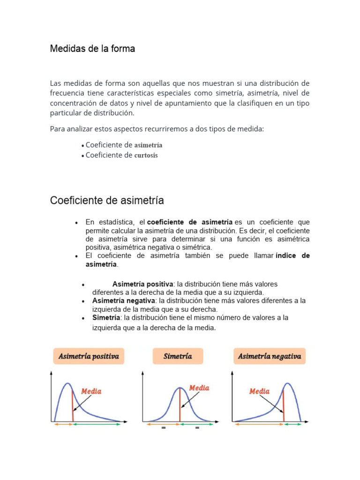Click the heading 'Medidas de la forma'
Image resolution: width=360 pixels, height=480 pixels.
[92, 49]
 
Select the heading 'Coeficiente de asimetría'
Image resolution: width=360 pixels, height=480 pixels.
[107, 201]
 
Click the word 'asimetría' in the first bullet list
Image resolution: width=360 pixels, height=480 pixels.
[148, 145]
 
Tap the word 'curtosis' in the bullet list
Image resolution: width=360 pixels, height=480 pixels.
[146, 155]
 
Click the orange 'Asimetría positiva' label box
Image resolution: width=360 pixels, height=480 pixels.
[89, 356]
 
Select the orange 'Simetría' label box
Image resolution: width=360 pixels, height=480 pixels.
[178, 356]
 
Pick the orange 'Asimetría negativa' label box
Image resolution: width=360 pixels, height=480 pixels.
[269, 357]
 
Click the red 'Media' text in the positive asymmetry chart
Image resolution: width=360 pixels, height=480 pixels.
[91, 391]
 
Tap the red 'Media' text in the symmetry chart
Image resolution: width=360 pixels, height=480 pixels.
[199, 388]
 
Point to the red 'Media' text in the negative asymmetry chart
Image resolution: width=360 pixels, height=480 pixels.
[259, 391]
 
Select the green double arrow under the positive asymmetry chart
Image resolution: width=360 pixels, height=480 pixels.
[98, 424]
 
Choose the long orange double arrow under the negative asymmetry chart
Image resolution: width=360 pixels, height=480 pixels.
[258, 424]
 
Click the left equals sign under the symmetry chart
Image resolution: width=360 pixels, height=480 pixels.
[164, 427]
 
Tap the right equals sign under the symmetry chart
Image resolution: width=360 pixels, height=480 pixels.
[196, 427]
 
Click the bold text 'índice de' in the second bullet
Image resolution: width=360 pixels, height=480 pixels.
[293, 256]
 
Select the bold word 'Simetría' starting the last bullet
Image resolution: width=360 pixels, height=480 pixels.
[106, 318]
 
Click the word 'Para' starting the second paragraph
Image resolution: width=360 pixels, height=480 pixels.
[58, 129]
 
